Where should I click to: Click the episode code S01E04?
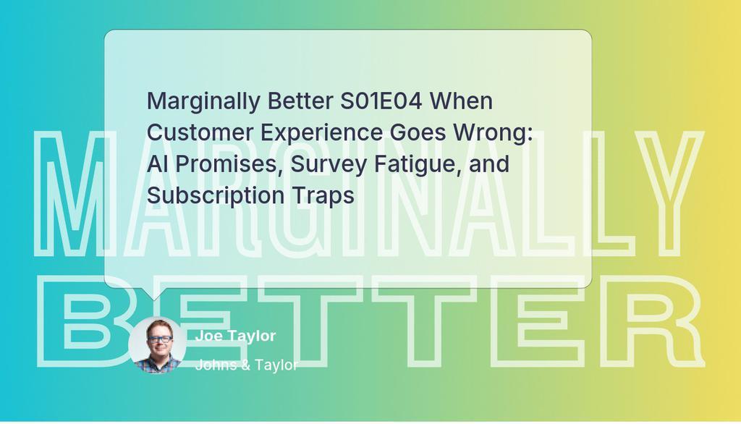[x=381, y=101]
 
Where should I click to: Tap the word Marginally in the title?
[x=203, y=102]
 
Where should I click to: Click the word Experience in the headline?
[x=321, y=134]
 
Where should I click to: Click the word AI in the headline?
[x=157, y=164]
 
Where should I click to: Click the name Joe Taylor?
[x=235, y=336]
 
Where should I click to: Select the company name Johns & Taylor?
[x=246, y=365]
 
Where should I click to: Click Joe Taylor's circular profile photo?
[x=157, y=345]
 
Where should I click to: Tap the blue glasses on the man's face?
[x=159, y=339]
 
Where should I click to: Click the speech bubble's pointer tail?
[x=153, y=293]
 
